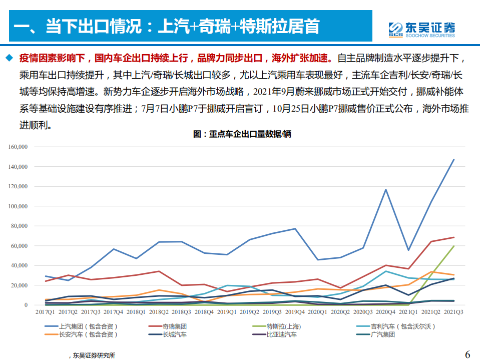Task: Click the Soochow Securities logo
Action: pyautogui.click(x=422, y=29)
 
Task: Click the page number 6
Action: pyautogui.click(x=467, y=354)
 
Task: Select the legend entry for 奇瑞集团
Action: pyautogui.click(x=175, y=326)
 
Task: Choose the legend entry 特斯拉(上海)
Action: pyautogui.click(x=283, y=326)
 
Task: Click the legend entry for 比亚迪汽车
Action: pyautogui.click(x=280, y=334)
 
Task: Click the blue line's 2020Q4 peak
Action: pyautogui.click(x=385, y=189)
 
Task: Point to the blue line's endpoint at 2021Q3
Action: pyautogui.click(x=453, y=160)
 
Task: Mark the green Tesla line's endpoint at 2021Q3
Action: pyautogui.click(x=453, y=246)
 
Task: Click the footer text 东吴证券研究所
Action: pyautogui.click(x=94, y=355)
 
